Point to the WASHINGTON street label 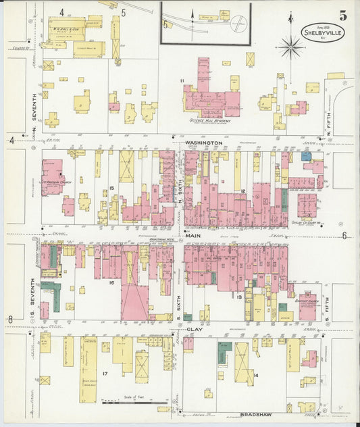pos(201,143)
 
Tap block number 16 pos(111,282)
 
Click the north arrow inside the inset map pos(192,15)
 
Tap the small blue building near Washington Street pos(307,156)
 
